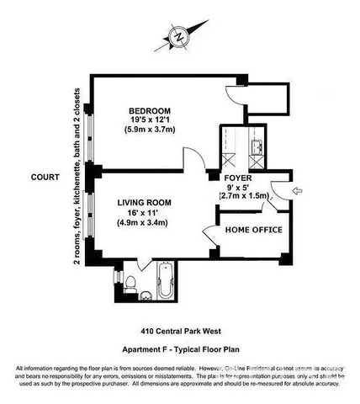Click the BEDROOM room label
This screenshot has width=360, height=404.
150,111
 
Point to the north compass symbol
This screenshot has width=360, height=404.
178,36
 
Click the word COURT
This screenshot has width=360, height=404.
44,178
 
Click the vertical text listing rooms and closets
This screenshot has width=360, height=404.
77,177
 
